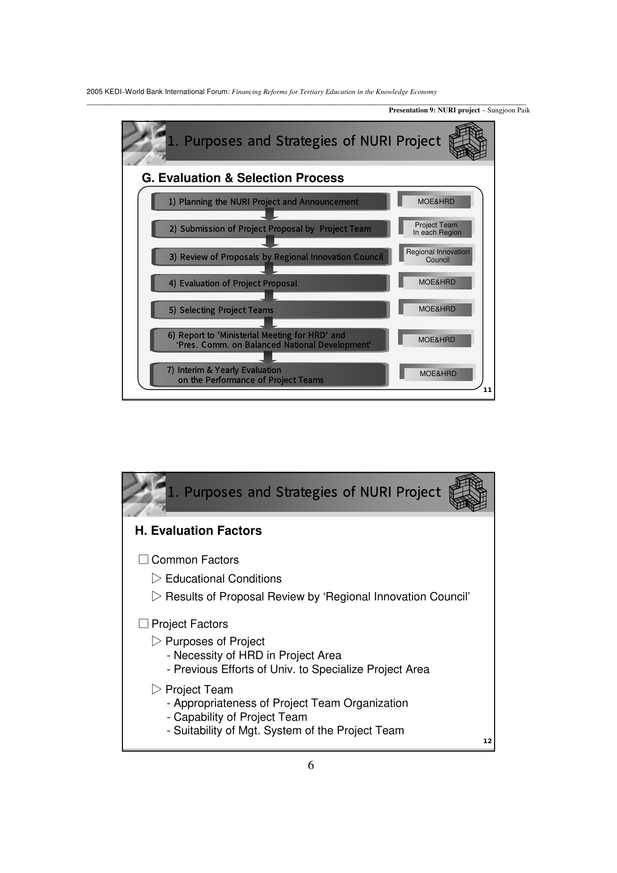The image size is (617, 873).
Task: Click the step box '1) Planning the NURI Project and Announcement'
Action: coord(270,201)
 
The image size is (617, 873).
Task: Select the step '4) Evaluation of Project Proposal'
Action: coord(270,283)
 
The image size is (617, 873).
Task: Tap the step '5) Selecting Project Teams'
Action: coord(270,310)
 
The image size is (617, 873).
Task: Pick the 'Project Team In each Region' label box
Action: coord(437,228)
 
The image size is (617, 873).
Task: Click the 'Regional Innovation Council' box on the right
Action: coord(437,255)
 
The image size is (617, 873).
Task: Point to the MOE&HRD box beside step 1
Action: coord(436,201)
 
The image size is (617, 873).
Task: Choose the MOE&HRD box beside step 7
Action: coord(438,374)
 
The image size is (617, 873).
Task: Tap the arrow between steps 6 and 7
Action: coord(268,357)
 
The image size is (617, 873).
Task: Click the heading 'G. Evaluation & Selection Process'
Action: coord(243,178)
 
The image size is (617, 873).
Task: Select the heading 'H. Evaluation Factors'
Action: coord(198,531)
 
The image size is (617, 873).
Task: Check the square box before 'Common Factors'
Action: coord(143,560)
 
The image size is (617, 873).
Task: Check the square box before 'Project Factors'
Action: coord(143,624)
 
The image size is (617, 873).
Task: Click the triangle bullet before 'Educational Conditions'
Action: coord(157,579)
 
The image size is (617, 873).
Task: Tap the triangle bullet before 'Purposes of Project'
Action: coord(157,641)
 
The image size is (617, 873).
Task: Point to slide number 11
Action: coord(487,390)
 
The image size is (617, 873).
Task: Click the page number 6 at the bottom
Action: coord(311,765)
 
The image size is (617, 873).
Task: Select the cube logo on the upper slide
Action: coord(468,141)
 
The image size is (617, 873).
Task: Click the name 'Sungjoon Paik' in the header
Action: coord(509,110)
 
